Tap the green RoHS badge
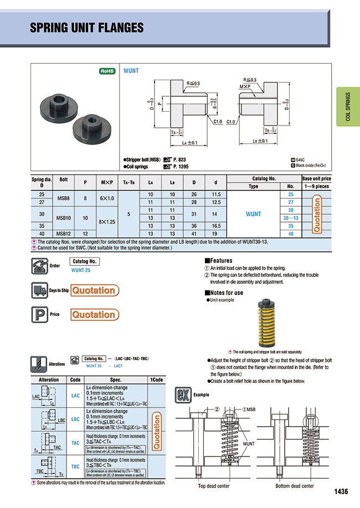(107, 71)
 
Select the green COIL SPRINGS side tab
(348, 107)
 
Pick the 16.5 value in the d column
(215, 226)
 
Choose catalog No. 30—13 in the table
(290, 218)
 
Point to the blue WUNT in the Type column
(253, 214)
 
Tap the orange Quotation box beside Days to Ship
(94, 291)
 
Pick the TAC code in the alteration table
(75, 443)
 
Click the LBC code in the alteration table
(75, 420)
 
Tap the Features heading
(219, 261)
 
